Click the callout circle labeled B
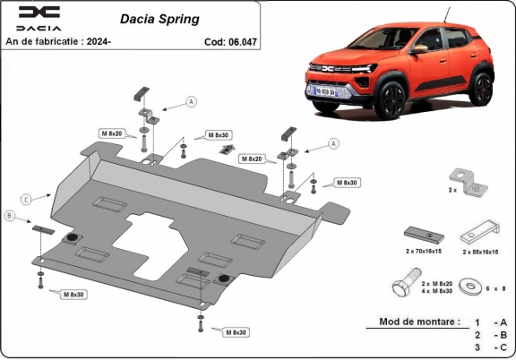10,216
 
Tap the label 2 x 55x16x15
484,253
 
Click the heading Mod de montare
418,321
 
